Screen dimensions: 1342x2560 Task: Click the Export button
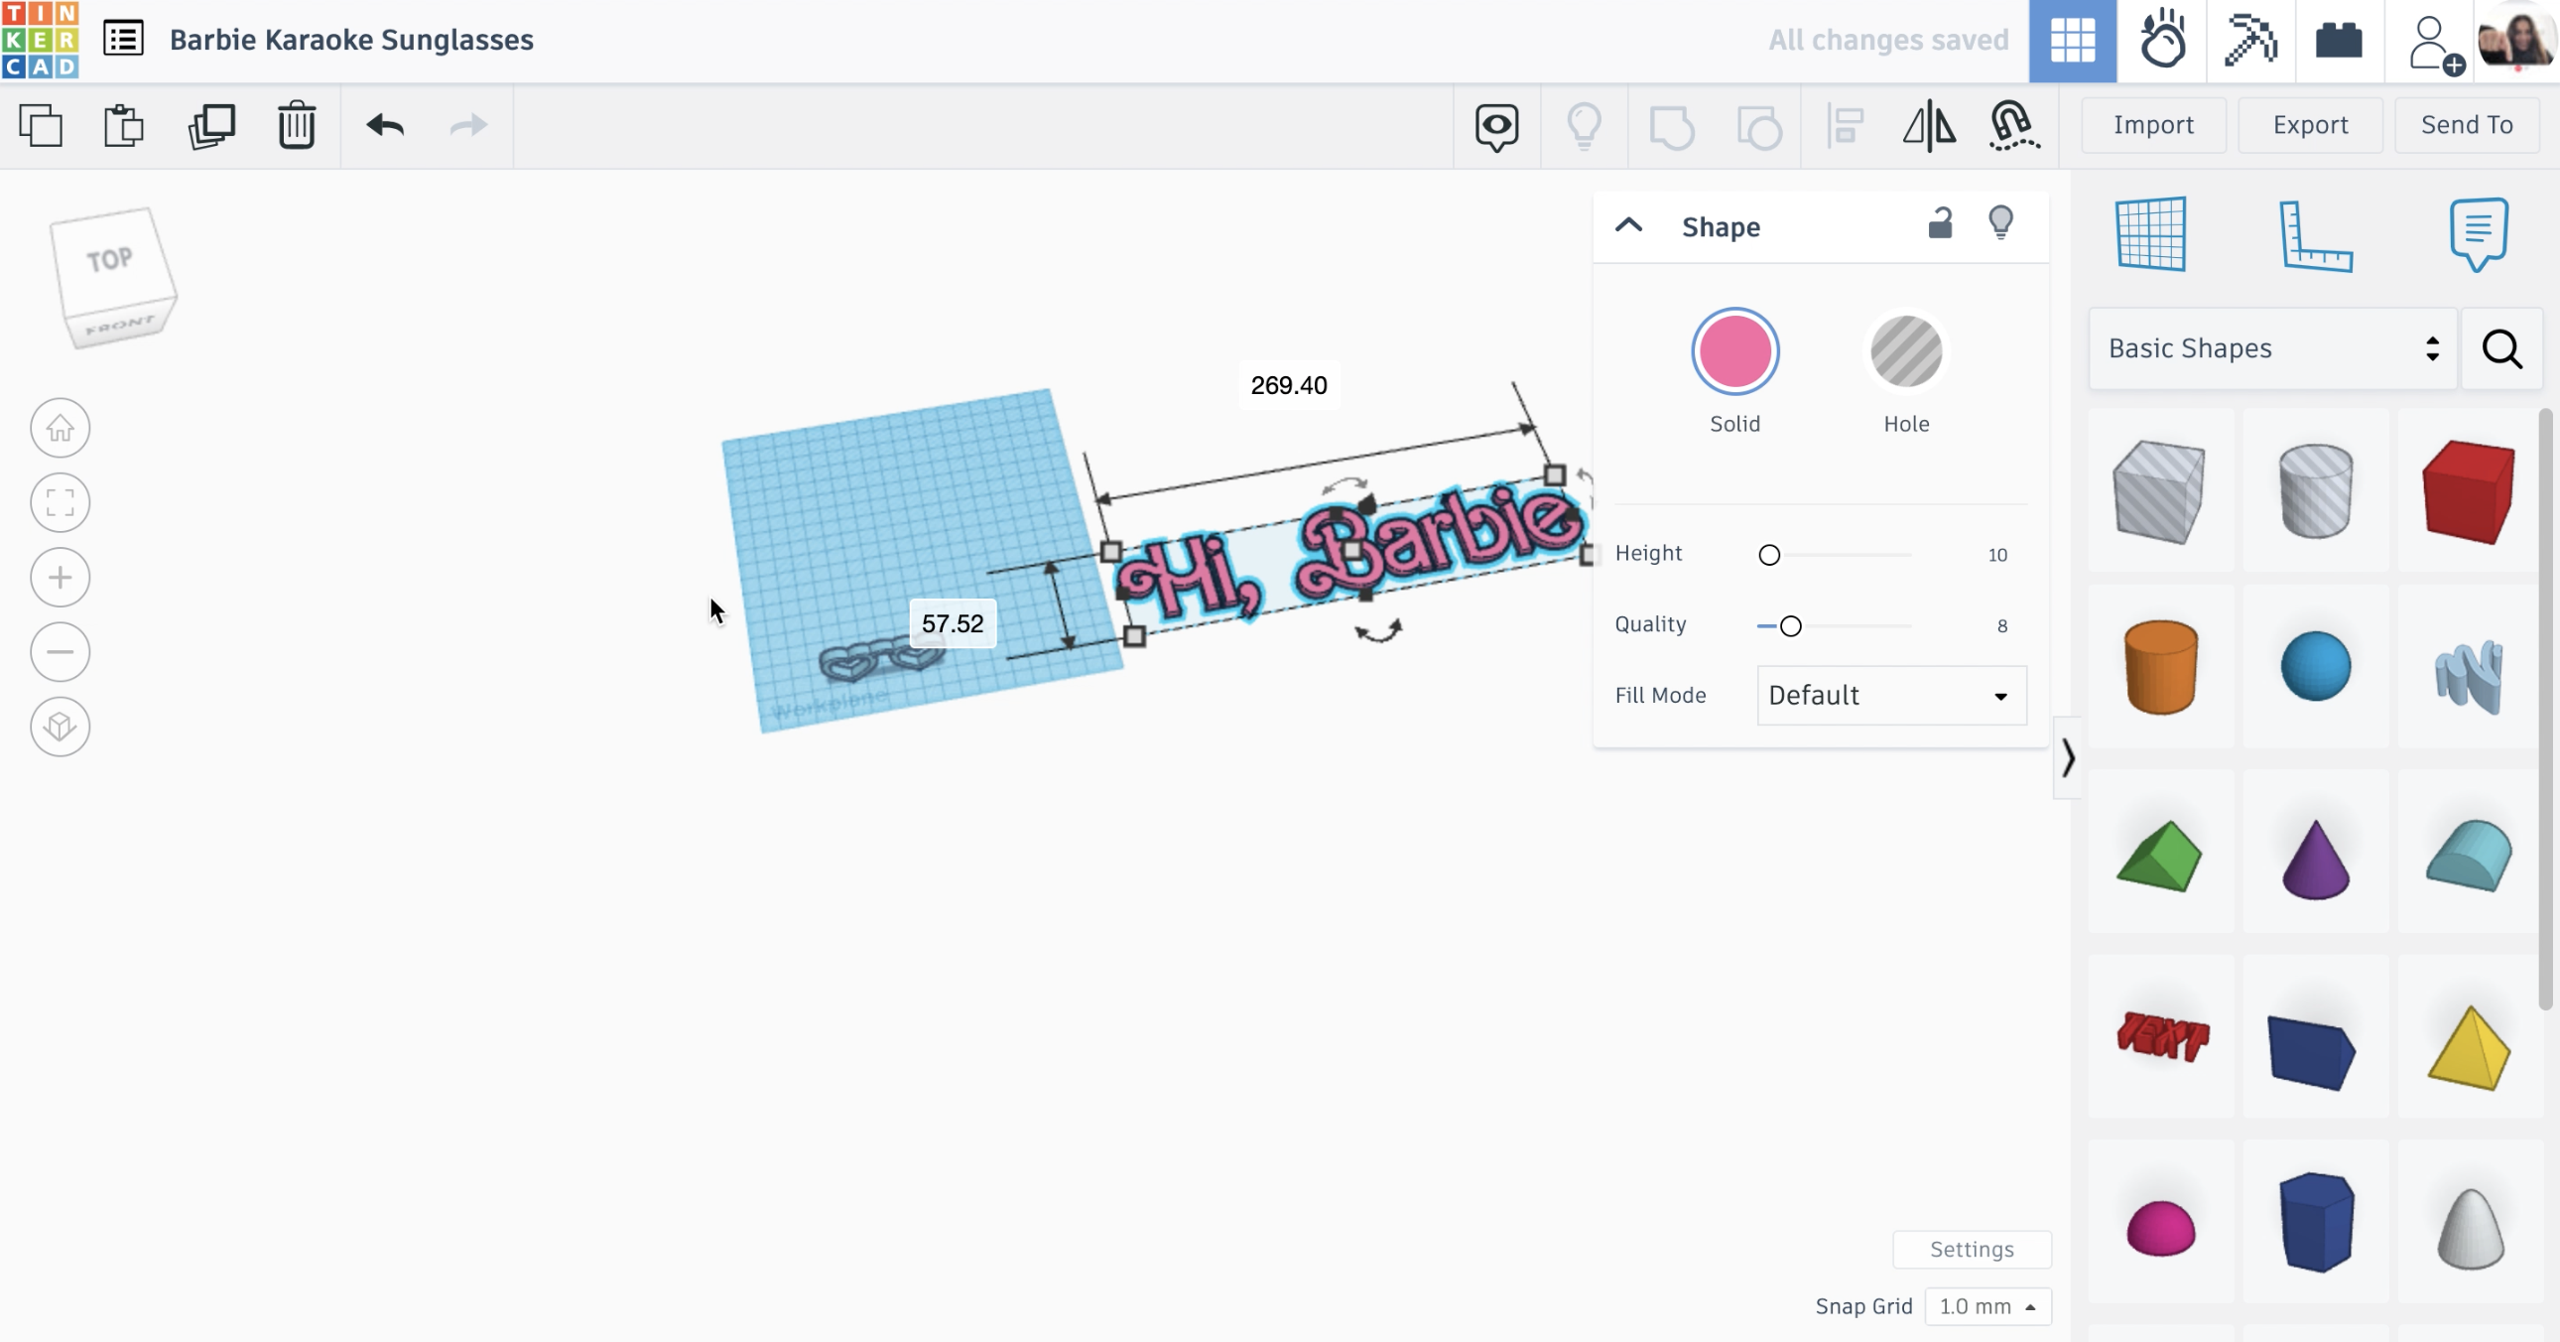(2310, 124)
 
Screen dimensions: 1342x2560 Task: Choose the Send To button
(2466, 124)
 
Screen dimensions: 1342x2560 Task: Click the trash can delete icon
(296, 125)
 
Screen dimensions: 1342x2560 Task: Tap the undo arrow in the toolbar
(385, 125)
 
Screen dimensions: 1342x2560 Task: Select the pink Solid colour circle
(1734, 352)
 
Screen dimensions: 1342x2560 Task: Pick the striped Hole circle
(1905, 352)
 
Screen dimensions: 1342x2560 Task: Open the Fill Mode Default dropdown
(1890, 695)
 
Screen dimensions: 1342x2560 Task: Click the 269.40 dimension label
(1288, 386)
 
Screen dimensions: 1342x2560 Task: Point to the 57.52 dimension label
(952, 623)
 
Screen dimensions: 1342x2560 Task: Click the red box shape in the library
(2469, 491)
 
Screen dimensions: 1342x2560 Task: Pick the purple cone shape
(2315, 859)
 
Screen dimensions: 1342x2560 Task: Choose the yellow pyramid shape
(2469, 1049)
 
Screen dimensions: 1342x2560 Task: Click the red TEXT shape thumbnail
(2161, 1037)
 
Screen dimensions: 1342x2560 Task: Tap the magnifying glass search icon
(2501, 349)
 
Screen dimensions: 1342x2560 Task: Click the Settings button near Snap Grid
(1971, 1250)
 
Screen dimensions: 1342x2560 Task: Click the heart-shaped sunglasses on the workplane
(880, 660)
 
